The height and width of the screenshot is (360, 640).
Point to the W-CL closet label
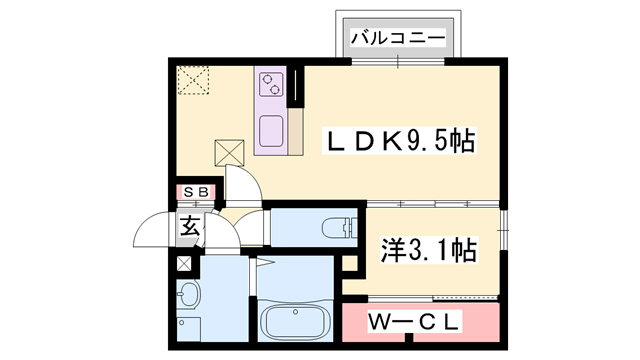pyautogui.click(x=418, y=322)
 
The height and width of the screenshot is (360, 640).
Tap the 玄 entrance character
pyautogui.click(x=190, y=226)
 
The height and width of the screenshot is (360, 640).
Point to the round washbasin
pyautogui.click(x=187, y=296)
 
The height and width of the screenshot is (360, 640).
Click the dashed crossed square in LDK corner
pyautogui.click(x=192, y=79)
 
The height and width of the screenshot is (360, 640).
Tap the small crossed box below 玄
pyautogui.click(x=183, y=264)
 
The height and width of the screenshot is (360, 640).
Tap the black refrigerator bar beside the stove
pyautogui.click(x=296, y=88)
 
